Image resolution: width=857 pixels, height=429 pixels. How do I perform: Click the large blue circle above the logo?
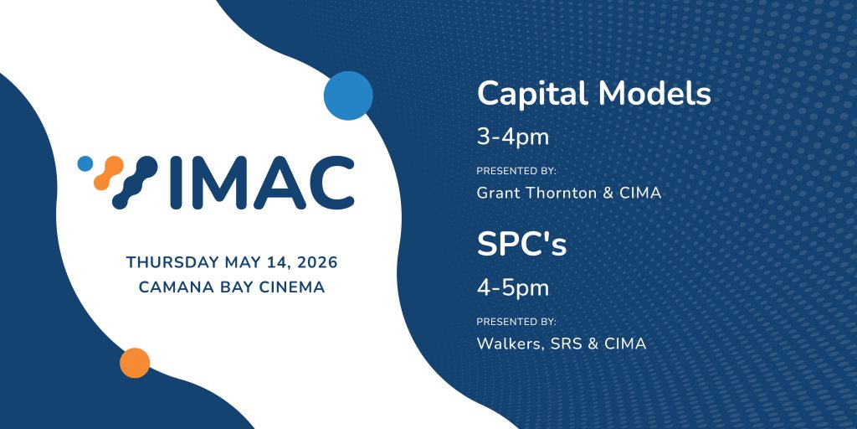pos(348,96)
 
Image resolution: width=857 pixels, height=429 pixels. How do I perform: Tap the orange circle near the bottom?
pos(135,363)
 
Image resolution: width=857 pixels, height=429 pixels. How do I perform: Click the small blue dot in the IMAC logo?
pos(85,163)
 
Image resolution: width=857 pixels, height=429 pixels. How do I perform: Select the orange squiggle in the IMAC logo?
pos(108,173)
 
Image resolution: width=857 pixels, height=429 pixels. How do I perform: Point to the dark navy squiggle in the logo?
pos(135,182)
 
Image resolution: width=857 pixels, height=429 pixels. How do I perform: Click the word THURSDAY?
pos(172,262)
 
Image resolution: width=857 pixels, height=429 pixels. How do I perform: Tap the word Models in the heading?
pos(654,94)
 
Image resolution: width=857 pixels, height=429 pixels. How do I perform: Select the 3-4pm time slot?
pos(513,138)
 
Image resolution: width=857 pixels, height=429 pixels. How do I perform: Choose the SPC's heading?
pos(522,244)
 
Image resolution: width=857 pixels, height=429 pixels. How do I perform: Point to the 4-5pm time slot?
pos(513,289)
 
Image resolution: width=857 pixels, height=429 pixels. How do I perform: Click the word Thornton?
pos(568,193)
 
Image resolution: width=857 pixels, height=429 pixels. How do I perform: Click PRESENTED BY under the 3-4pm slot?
pos(516,171)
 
